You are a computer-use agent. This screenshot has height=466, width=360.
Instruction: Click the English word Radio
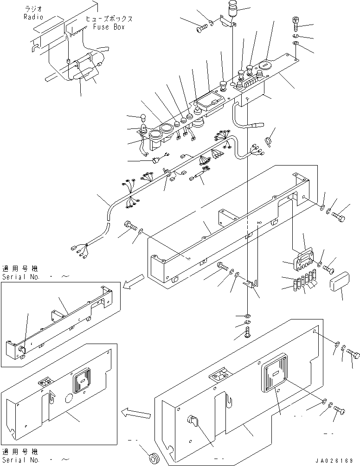pos(33,17)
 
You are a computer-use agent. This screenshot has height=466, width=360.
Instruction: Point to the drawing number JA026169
pos(334,460)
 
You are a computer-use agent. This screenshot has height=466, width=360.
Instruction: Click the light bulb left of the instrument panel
pos(142,118)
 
